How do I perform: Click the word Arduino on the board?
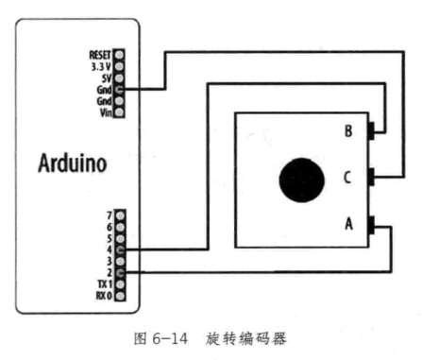(x=72, y=163)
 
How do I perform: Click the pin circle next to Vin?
(x=120, y=112)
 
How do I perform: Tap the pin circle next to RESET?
(x=120, y=56)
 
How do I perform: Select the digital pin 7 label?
(x=110, y=216)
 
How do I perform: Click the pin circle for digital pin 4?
(x=120, y=250)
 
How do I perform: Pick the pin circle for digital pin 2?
(x=120, y=273)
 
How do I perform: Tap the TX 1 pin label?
(x=104, y=284)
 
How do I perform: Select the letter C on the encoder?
(x=348, y=177)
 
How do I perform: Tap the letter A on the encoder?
(x=348, y=224)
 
